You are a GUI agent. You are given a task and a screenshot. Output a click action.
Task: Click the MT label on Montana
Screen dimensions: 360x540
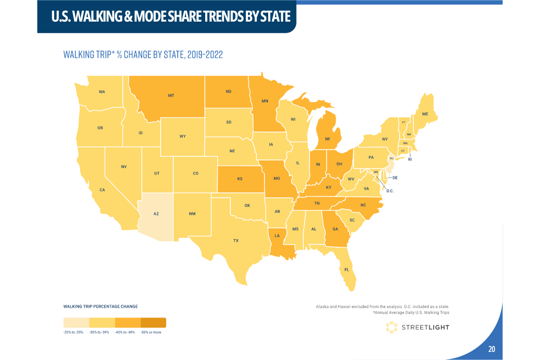tap(171, 96)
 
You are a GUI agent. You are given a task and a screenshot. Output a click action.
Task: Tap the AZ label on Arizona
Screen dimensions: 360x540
tap(156, 214)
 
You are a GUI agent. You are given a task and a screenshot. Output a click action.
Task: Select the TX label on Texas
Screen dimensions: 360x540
tap(236, 241)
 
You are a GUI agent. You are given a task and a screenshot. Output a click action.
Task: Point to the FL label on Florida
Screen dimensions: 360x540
tap(346, 270)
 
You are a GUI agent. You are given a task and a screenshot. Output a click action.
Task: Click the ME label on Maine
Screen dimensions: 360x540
tap(425, 114)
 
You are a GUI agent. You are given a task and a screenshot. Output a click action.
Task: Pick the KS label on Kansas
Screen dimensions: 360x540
tap(240, 179)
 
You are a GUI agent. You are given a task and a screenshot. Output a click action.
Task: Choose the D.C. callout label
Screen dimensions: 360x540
tap(390, 191)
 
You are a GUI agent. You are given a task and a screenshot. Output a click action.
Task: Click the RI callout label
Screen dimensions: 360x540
tap(410, 159)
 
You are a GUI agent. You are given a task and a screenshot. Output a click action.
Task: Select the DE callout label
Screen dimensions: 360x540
tap(395, 178)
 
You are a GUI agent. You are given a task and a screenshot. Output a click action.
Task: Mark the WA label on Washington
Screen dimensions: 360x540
tap(102, 92)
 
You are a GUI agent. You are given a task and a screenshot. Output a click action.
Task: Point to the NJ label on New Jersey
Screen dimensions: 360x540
tap(391, 158)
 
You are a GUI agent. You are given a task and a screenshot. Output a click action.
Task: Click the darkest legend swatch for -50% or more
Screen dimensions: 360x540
tap(153, 323)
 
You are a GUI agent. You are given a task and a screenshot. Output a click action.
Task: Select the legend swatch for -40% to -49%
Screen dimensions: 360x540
tap(128, 323)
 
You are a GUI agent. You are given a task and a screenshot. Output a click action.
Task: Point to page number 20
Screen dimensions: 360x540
tap(491, 349)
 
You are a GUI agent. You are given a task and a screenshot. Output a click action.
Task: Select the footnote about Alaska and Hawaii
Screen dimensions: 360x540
tap(382, 306)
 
